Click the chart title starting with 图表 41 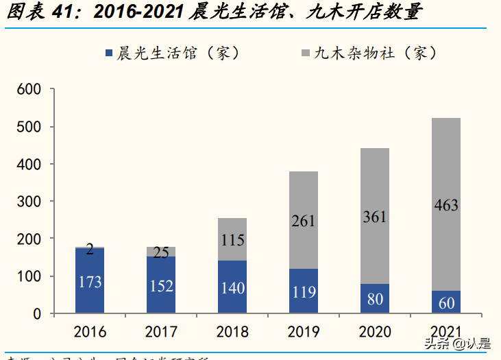(x=213, y=13)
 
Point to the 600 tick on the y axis (x=30, y=90)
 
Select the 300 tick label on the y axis (x=30, y=202)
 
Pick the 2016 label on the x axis (x=90, y=332)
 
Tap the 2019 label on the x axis (x=304, y=332)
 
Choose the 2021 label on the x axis (x=445, y=332)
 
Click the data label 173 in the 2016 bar (x=90, y=282)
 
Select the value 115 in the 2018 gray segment (x=233, y=241)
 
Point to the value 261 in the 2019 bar (x=304, y=221)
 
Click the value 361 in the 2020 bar (x=375, y=217)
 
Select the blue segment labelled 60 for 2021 (x=445, y=302)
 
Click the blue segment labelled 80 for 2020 (x=375, y=299)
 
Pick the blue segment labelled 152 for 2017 (x=162, y=286)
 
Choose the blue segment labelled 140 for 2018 (x=233, y=288)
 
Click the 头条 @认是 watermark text (x=457, y=344)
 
